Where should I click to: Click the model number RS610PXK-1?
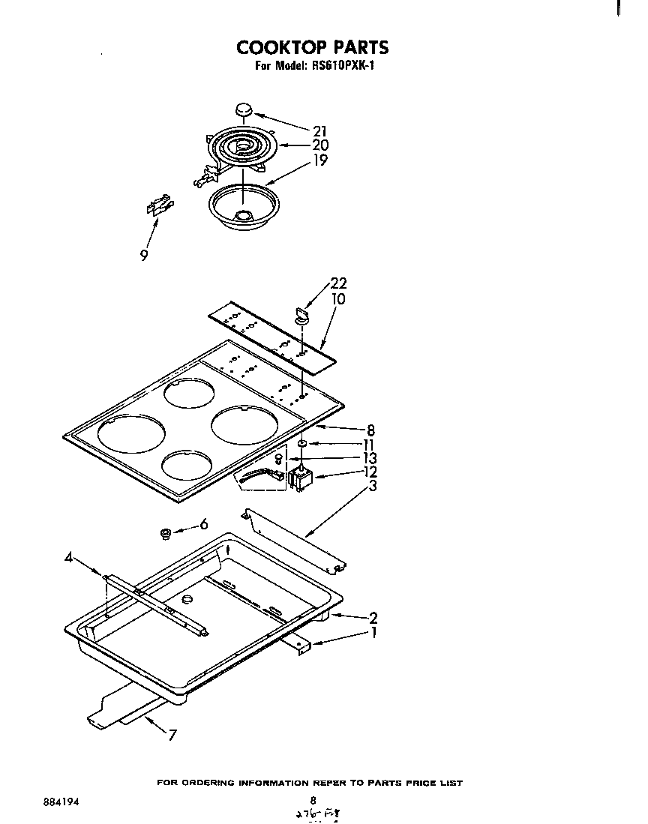[x=341, y=66]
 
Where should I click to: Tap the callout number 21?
[x=319, y=130]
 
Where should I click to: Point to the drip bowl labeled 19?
[x=241, y=205]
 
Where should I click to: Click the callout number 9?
[x=143, y=255]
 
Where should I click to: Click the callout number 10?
[x=337, y=299]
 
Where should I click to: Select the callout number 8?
[x=370, y=430]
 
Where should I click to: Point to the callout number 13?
[x=368, y=458]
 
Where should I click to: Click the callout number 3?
[x=372, y=487]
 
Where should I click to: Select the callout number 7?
[x=172, y=735]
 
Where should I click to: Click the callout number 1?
[x=372, y=633]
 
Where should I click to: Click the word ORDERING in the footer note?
[x=205, y=783]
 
